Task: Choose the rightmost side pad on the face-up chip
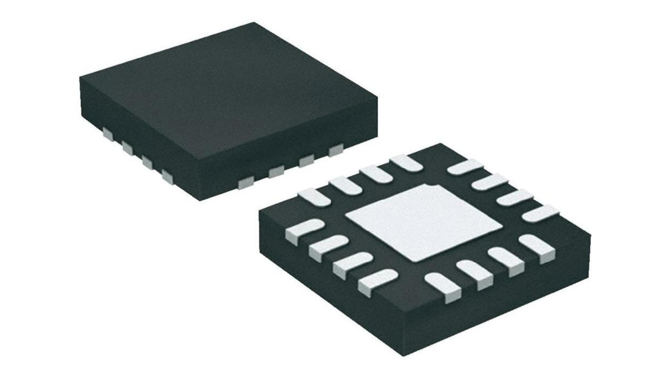coord(336,150)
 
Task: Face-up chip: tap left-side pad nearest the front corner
coord(167,176)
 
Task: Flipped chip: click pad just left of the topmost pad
coord(375,173)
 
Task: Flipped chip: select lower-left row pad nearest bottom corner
coord(377,281)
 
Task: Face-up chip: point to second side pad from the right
coord(307,161)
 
